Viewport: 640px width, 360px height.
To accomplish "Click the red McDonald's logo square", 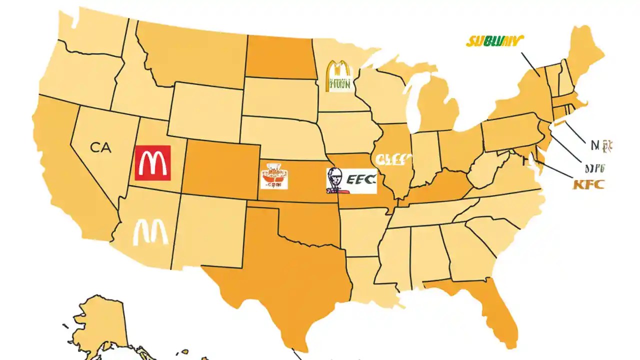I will click(152, 163).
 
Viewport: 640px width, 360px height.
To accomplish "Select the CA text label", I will click(101, 147).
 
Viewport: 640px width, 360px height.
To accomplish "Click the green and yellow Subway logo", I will click(494, 41).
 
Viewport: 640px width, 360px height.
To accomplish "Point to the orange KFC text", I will click(588, 184).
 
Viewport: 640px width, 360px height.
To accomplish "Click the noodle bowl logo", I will click(274, 175).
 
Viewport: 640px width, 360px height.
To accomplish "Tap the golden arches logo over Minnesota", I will click(338, 76).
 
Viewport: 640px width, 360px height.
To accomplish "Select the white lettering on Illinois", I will click(393, 159).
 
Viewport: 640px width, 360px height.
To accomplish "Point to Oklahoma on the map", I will click(310, 220).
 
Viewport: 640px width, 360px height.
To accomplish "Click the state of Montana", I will click(192, 52).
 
